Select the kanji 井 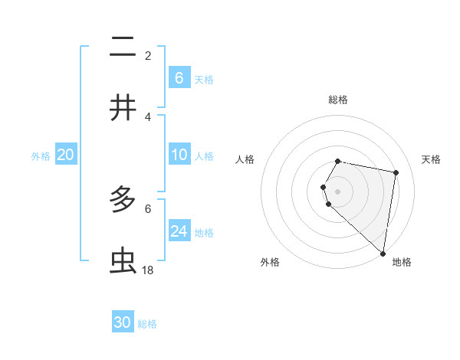click(123, 108)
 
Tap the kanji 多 click(123, 201)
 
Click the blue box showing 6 click(179, 78)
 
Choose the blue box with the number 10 click(179, 155)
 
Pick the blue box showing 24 click(179, 231)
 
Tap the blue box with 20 click(66, 155)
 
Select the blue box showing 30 click(123, 322)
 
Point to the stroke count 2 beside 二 click(148, 55)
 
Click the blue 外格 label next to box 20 click(41, 156)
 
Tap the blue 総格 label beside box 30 click(147, 324)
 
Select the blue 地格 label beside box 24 click(204, 233)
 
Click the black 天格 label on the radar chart click(432, 159)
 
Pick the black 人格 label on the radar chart click(245, 159)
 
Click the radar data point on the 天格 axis click(396, 172)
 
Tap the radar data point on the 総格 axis click(338, 161)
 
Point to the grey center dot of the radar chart click(338, 191)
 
